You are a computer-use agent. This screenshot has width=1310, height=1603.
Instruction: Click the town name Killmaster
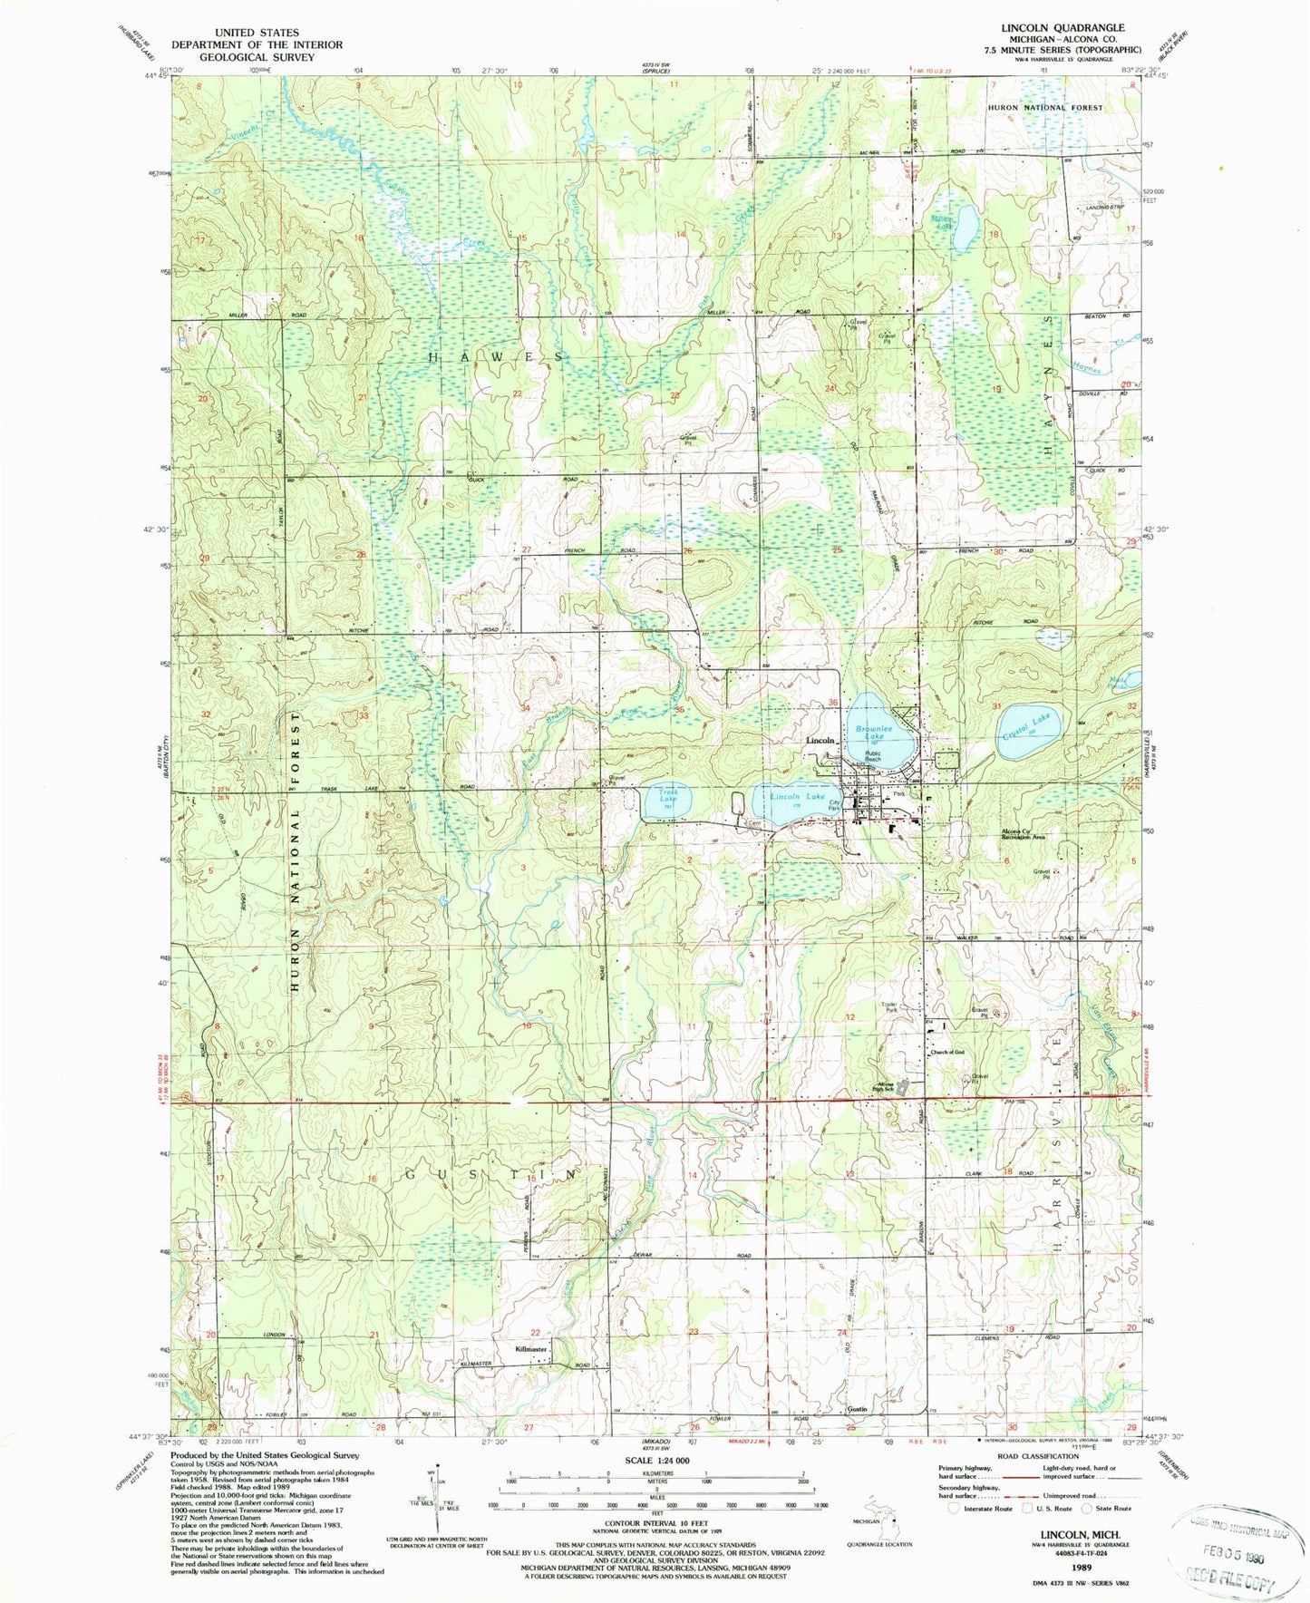pyautogui.click(x=530, y=1349)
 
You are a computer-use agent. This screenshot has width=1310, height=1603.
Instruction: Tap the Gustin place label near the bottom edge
pyautogui.click(x=858, y=1435)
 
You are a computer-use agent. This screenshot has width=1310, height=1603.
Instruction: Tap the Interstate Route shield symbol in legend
pyautogui.click(x=952, y=1509)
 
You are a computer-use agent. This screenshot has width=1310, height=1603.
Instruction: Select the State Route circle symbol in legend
pyautogui.click(x=1086, y=1509)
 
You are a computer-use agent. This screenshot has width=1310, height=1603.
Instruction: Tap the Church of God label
pyautogui.click(x=946, y=1053)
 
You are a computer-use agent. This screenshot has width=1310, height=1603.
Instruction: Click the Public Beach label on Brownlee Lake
pyautogui.click(x=873, y=756)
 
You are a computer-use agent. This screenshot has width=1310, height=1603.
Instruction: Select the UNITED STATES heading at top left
pyautogui.click(x=257, y=33)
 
